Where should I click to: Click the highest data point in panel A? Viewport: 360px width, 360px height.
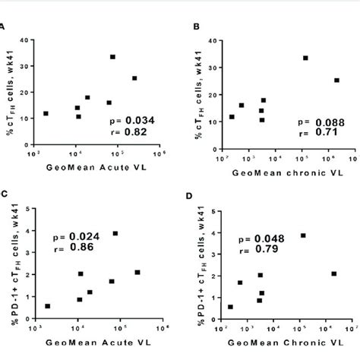[112, 57]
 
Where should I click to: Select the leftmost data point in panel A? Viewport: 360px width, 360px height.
[46, 113]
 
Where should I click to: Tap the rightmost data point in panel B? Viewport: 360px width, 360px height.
[336, 80]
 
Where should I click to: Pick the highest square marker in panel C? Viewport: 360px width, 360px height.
[115, 233]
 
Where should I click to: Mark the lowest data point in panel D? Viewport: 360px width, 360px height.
[231, 307]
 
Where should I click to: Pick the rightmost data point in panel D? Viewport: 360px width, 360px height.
[334, 273]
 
